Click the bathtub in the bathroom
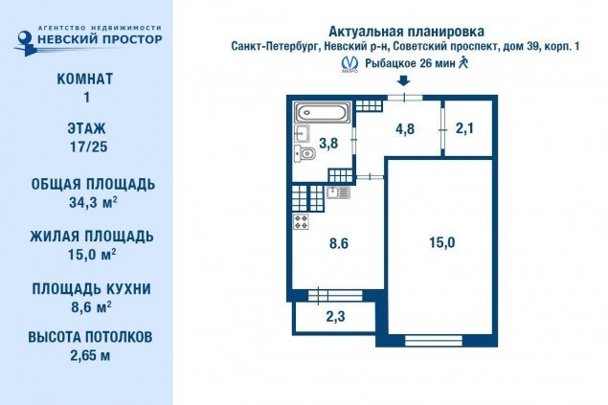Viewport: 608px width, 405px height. coord(323,112)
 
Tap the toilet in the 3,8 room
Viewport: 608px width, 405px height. coord(305,154)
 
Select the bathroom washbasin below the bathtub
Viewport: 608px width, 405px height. coord(302,134)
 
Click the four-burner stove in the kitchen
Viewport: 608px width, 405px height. coord(302,222)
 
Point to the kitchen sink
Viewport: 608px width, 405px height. coord(338,192)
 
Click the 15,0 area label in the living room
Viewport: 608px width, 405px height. coord(442,242)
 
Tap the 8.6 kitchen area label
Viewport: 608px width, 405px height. coord(339,243)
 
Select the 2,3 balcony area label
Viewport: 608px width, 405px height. coord(335,317)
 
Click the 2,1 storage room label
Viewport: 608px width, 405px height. coord(464,128)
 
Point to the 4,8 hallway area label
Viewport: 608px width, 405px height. coord(405,129)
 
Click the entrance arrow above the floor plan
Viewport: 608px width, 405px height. coord(404,80)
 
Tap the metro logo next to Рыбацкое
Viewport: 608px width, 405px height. coord(349,64)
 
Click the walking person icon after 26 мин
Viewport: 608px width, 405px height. coord(463,62)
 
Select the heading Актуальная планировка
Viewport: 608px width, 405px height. coord(406,31)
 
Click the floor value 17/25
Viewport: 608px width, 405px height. coord(88,146)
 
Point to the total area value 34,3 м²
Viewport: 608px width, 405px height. coord(93,202)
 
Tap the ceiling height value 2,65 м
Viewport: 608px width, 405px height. coord(90,355)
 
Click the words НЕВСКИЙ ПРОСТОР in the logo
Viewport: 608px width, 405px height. coord(100,39)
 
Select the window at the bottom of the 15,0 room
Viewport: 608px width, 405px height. coord(434,341)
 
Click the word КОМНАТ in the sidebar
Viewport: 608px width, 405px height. coord(85,79)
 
